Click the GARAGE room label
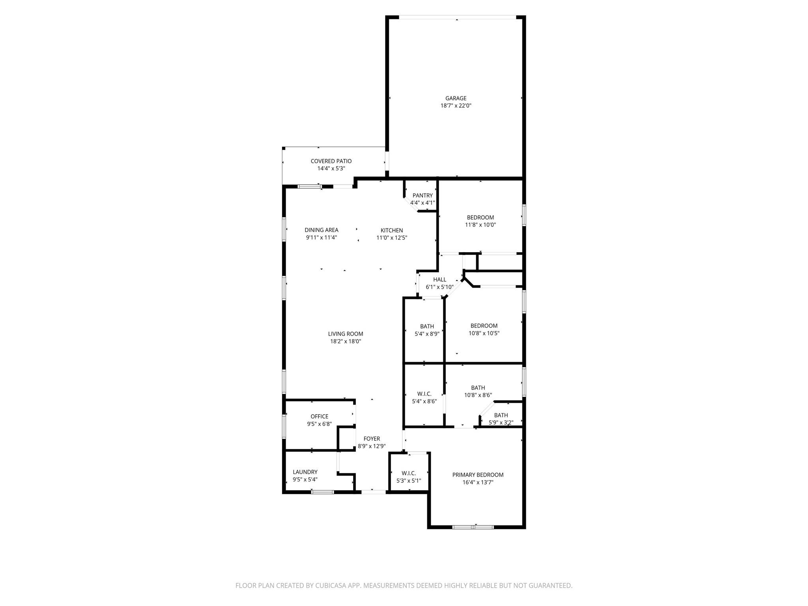click(x=456, y=98)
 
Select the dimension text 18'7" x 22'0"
click(x=456, y=106)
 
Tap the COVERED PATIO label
click(x=331, y=161)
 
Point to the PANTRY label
click(x=423, y=195)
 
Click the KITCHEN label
click(x=392, y=230)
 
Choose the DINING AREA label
click(x=321, y=230)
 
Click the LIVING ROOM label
click(x=346, y=334)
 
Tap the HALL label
click(x=440, y=280)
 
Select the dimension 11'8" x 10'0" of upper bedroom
click(x=480, y=225)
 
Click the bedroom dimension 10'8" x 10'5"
click(x=484, y=333)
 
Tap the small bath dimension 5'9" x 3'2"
click(x=501, y=423)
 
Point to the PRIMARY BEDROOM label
click(x=478, y=475)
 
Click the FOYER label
click(x=372, y=439)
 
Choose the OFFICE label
click(x=319, y=416)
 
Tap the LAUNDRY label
click(x=305, y=472)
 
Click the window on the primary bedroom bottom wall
click(x=473, y=527)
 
